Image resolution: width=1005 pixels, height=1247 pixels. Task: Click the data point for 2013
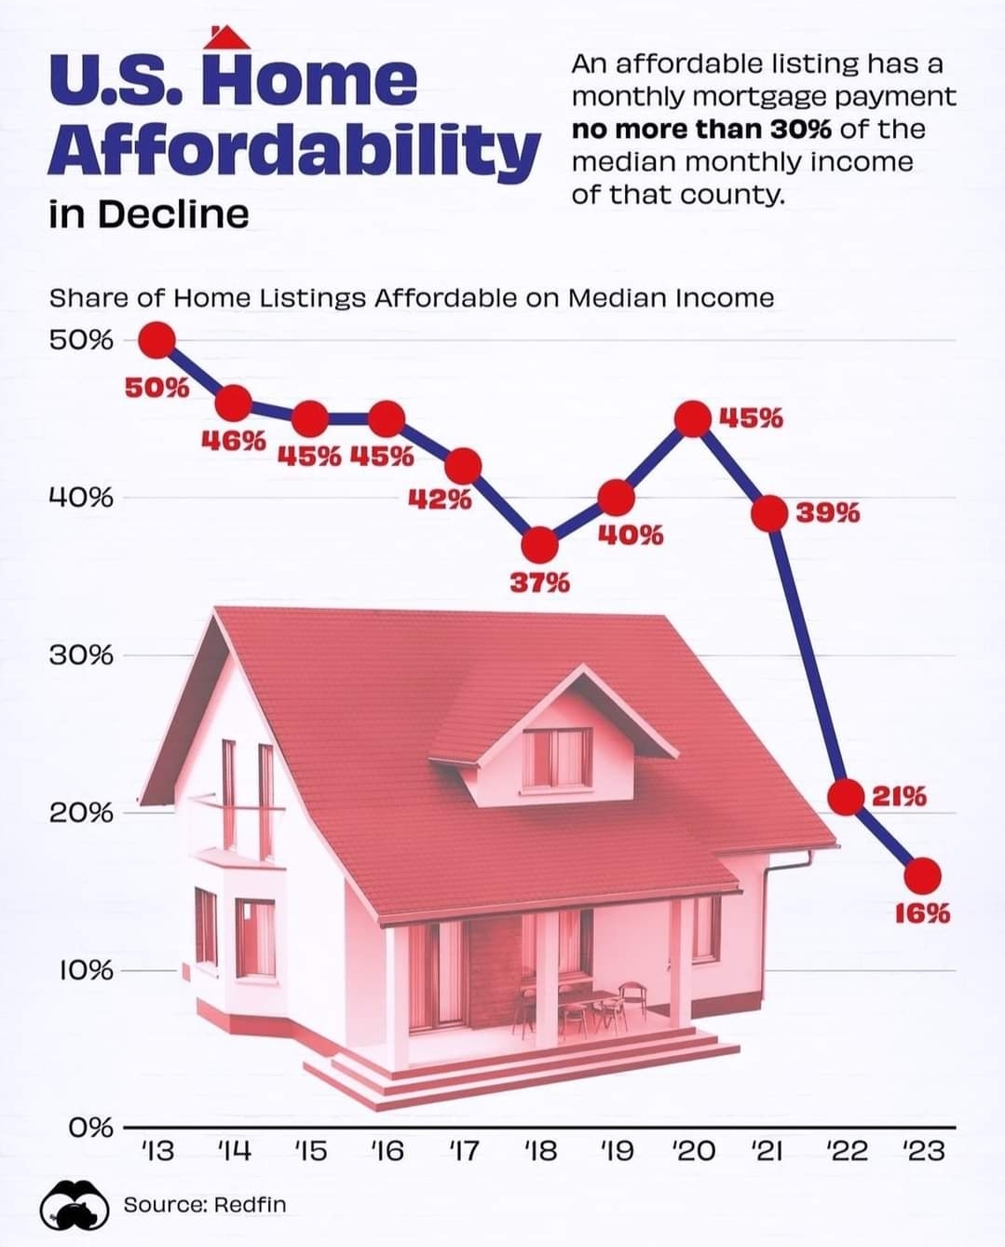[157, 340]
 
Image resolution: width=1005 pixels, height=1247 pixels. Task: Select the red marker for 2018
[539, 543]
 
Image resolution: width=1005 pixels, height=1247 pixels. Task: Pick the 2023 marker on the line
[923, 875]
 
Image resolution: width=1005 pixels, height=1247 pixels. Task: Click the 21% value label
[899, 796]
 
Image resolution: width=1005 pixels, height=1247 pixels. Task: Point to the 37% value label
[539, 583]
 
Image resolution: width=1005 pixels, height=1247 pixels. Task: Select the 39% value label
[828, 513]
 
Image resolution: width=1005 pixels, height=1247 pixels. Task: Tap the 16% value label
[923, 913]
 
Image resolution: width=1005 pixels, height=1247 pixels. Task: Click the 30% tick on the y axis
[82, 655]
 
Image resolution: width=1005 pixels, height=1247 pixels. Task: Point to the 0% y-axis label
[91, 1128]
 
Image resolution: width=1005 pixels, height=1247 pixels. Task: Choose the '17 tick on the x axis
[463, 1151]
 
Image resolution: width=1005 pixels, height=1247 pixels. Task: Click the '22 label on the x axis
[847, 1151]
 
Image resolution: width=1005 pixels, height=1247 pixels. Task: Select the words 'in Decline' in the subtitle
[149, 214]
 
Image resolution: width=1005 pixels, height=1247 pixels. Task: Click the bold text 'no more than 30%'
[701, 129]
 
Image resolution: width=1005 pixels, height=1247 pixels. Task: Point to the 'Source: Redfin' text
[205, 1204]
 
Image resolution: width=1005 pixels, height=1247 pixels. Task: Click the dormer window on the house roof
[556, 757]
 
